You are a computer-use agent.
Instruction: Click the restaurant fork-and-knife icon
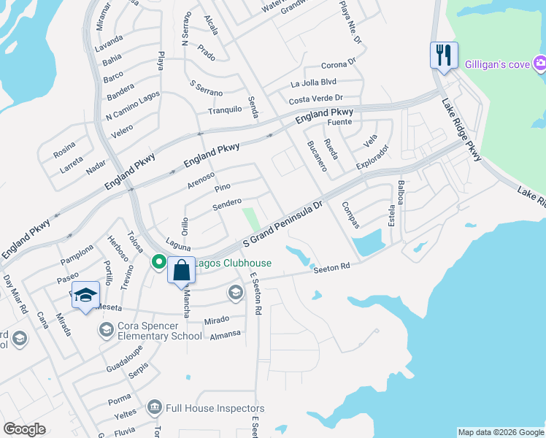[x=444, y=55]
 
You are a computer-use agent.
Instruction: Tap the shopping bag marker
[x=181, y=271]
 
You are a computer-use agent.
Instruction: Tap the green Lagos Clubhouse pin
[x=158, y=261]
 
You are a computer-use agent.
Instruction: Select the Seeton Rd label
[x=333, y=269]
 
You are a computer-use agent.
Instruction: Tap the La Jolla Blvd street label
[x=313, y=82]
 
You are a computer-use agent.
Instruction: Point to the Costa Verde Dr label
[x=315, y=99]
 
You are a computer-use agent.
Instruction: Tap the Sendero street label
[x=227, y=203]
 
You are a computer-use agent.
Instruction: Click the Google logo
[x=24, y=429]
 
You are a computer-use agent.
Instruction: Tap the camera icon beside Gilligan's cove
[x=540, y=64]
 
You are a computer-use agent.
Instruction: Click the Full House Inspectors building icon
[x=154, y=407]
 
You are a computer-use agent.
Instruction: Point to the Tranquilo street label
[x=225, y=110]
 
